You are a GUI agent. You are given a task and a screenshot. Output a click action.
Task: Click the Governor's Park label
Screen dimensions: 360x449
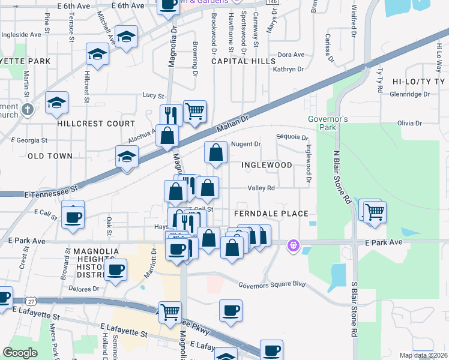[328, 123]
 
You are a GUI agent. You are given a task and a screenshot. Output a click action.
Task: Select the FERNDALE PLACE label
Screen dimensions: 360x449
[271, 214]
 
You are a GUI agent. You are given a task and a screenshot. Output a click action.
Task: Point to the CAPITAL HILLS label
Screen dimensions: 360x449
[238, 61]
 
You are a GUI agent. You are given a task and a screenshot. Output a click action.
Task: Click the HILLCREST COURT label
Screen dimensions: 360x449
[96, 124]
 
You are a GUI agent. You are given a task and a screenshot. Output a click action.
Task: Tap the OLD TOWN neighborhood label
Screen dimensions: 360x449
[50, 156]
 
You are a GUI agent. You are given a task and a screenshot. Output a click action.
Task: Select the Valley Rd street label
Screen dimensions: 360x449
[262, 188]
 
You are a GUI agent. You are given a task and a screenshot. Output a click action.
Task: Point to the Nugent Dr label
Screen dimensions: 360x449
[246, 144]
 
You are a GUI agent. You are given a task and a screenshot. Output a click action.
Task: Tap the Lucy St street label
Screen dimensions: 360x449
[153, 95]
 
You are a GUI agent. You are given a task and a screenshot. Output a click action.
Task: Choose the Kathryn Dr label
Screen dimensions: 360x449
[288, 70]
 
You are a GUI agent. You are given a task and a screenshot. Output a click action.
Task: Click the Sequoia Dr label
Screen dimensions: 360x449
[292, 137]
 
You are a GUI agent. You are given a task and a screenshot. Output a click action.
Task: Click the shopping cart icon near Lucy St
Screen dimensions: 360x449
[194, 111]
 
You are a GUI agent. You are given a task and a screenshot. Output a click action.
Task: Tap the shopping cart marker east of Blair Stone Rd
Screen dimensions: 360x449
[375, 211]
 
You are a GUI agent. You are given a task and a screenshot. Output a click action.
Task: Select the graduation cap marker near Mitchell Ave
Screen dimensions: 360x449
[126, 37]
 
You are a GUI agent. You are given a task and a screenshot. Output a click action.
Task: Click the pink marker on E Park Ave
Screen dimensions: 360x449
[293, 245]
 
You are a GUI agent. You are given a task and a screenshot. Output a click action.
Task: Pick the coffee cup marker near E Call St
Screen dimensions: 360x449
[73, 217]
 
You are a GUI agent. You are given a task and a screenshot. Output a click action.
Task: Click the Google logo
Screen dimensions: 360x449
[20, 353]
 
